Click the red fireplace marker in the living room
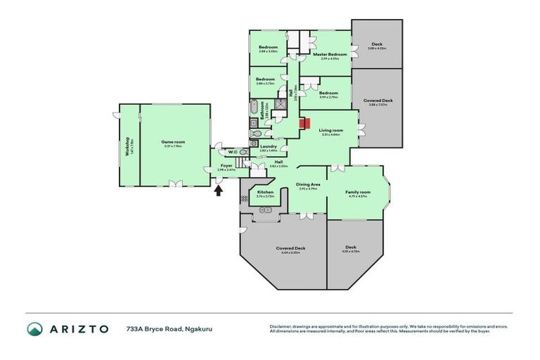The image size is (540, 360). (x=304, y=124)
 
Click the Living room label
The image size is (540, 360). (x=330, y=130)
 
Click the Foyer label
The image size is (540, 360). (x=226, y=166)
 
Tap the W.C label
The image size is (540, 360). (x=231, y=152)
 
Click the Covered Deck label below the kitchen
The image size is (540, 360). (x=290, y=248)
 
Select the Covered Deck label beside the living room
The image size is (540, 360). (x=378, y=101)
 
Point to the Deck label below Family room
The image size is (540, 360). (x=350, y=247)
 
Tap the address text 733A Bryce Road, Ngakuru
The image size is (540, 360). (x=160, y=328)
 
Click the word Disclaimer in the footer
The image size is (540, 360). (x=281, y=326)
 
